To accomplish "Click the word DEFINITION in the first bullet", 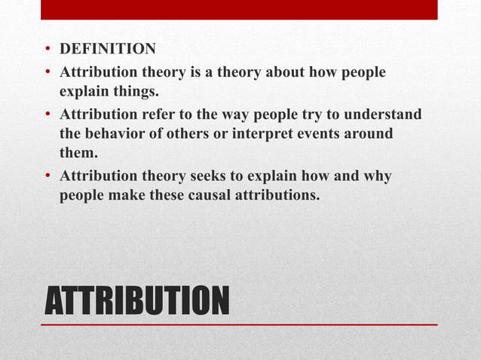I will pyautogui.click(x=108, y=50).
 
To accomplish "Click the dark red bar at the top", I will pyautogui.click(x=239, y=10).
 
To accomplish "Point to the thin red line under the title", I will pyautogui.click(x=239, y=325).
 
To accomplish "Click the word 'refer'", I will pyautogui.click(x=153, y=114).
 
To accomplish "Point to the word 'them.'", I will pyautogui.click(x=77, y=154).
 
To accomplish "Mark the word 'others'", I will pyautogui.click(x=198, y=134).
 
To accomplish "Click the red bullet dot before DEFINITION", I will pyautogui.click(x=47, y=51).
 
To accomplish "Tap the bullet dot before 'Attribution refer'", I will pyautogui.click(x=47, y=115).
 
